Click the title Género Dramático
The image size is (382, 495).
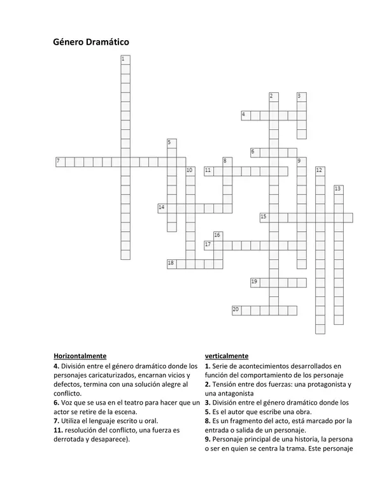pos(91,42)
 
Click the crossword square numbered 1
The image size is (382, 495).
pos(125,59)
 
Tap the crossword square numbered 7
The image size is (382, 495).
pos(60,161)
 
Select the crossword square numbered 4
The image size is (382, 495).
pos(246,115)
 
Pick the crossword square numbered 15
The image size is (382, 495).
pos(264,217)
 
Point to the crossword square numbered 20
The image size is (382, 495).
pos(237,310)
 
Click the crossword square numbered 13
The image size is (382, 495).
pos(338,189)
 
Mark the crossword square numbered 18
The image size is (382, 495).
pos(172,263)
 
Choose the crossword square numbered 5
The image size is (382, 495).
pos(171,143)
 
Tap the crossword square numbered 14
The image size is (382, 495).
pos(163,208)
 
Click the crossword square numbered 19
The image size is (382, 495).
pos(255,282)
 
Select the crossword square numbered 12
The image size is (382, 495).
pos(320,171)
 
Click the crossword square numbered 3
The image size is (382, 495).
pos(301,97)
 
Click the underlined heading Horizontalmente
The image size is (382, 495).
pos(80,355)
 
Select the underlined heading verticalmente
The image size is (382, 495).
pos(227,355)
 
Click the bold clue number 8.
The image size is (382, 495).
pos(208,421)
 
